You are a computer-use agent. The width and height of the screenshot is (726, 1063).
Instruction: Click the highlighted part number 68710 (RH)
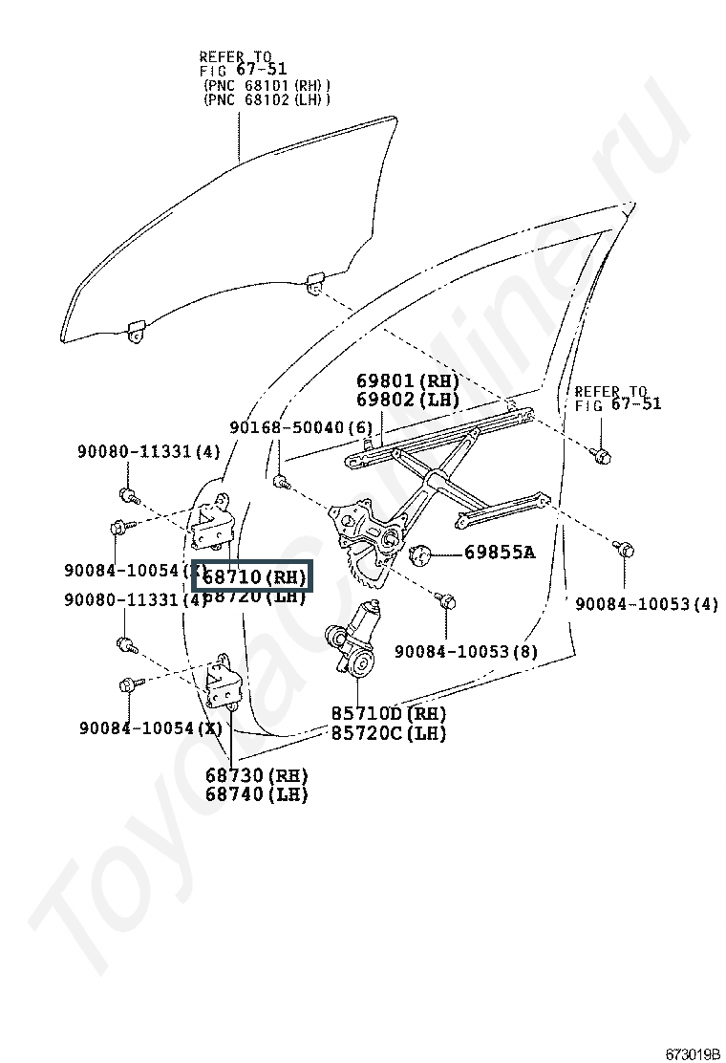253,577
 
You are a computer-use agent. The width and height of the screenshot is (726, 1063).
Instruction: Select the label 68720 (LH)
253,597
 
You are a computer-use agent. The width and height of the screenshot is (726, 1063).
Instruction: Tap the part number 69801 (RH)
408,381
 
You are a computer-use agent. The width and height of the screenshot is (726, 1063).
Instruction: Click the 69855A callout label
500,552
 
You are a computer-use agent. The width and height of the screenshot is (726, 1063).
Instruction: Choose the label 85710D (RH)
389,714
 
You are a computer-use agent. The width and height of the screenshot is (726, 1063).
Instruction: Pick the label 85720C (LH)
389,733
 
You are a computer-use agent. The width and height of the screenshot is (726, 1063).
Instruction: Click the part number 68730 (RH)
256,774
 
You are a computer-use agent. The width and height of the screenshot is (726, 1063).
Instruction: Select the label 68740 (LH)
256,793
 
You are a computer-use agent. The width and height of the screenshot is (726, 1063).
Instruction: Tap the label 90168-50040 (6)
301,427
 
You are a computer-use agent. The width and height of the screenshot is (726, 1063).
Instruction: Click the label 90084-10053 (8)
466,652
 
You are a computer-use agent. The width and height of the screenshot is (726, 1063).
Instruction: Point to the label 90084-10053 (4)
646,603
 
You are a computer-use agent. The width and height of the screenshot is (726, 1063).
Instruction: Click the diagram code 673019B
692,1053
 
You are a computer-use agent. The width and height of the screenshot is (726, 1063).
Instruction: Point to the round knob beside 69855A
419,552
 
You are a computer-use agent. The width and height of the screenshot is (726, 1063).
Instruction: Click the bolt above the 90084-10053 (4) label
624,549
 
